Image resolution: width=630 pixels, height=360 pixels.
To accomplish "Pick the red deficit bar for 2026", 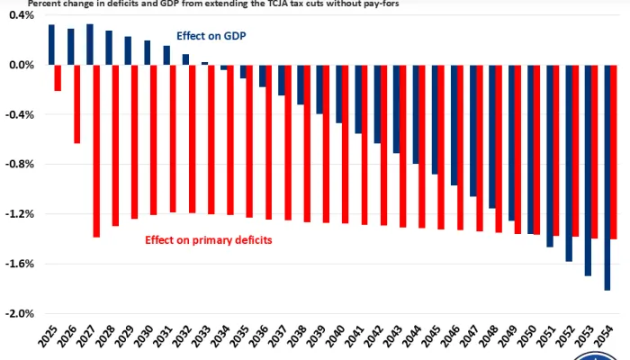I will coord(77,104).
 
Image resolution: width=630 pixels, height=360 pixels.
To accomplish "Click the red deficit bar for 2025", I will coord(58,78).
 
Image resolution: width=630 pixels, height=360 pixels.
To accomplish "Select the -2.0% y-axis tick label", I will coord(20,313).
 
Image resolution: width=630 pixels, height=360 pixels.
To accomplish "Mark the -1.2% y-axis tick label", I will coord(20,214).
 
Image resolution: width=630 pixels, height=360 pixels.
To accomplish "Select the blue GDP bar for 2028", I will coord(109,48).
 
